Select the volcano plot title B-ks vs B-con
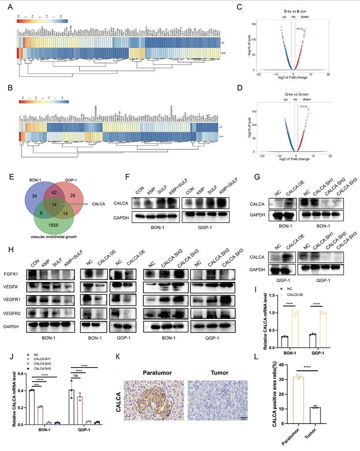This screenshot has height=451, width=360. [296, 11]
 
